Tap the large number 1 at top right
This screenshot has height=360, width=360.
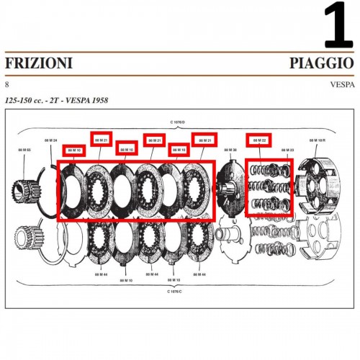pyautogui.click(x=338, y=25)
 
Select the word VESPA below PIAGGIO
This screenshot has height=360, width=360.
pyautogui.click(x=341, y=84)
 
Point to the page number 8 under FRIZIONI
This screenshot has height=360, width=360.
pyautogui.click(x=7, y=84)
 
